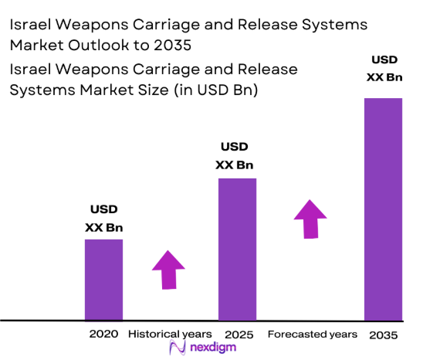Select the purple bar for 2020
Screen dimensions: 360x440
103,279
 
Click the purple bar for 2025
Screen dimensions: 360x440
237,249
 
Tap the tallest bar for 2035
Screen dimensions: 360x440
383,209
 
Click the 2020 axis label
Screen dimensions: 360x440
103,335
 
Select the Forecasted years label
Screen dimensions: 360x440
312,335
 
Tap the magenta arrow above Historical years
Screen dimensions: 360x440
168,268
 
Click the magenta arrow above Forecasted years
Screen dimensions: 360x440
310,219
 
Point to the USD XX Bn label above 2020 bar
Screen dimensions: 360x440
103,219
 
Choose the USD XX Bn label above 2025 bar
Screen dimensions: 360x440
237,155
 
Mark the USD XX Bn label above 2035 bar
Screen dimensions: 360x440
384,67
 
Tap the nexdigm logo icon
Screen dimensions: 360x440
176,349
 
